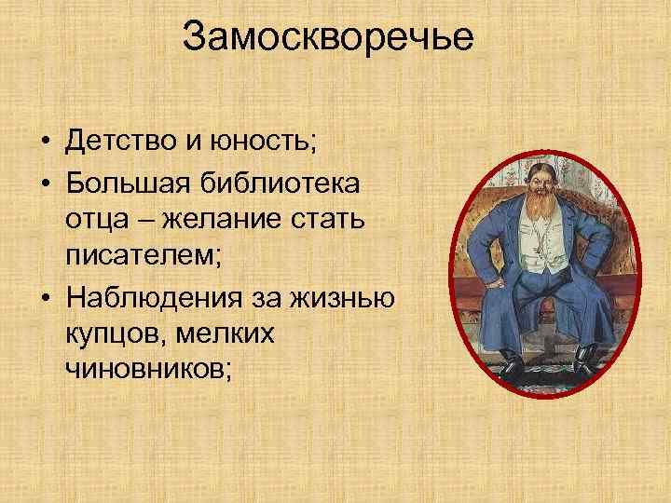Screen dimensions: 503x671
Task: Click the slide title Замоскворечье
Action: [328, 39]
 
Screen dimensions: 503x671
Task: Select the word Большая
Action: [121, 182]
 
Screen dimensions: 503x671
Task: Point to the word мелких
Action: [225, 333]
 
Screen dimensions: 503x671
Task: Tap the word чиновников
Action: [144, 370]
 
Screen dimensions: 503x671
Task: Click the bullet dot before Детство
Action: [45, 144]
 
